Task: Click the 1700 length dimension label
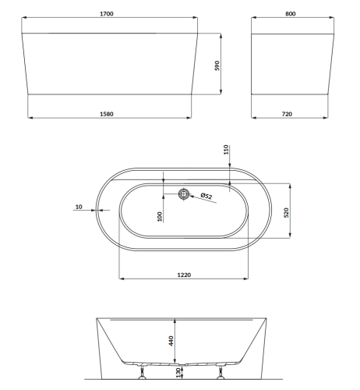coord(107,14)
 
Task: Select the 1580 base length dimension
coord(107,114)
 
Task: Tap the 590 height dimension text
coord(217,66)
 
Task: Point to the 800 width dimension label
coord(291,14)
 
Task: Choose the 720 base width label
coord(287,114)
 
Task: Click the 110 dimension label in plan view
coord(226,150)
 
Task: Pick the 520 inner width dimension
coord(286,212)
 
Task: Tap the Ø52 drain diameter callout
coord(206,196)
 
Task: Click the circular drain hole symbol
coord(184,194)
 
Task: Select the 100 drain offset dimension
coord(160,217)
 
